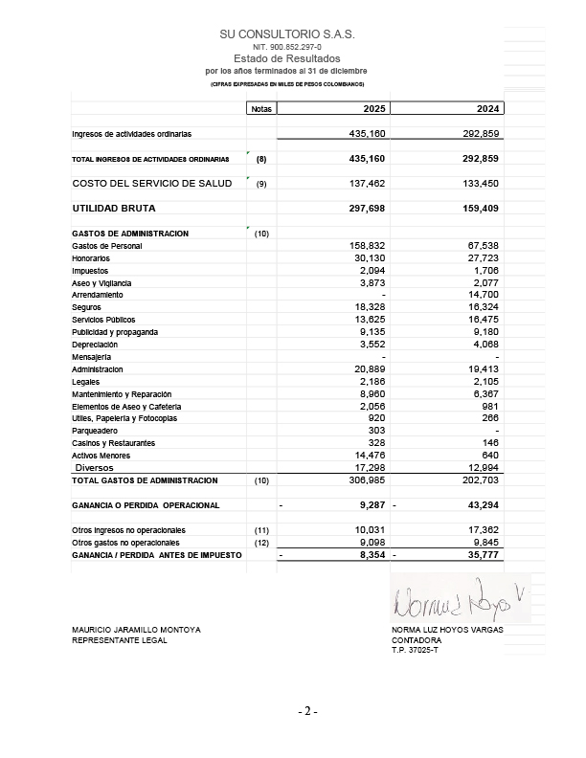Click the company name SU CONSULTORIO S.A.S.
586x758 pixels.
[287, 33]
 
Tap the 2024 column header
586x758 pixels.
[488, 109]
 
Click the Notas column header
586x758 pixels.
[260, 109]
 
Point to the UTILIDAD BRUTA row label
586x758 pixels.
[113, 208]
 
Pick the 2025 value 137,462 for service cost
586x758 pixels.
[365, 182]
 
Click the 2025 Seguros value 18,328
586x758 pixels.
[366, 308]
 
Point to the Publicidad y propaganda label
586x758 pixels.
[115, 332]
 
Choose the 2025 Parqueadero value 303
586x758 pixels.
[374, 431]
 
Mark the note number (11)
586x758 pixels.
[260, 529]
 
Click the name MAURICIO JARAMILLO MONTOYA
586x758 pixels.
[136, 629]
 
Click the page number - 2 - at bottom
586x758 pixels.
[306, 712]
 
